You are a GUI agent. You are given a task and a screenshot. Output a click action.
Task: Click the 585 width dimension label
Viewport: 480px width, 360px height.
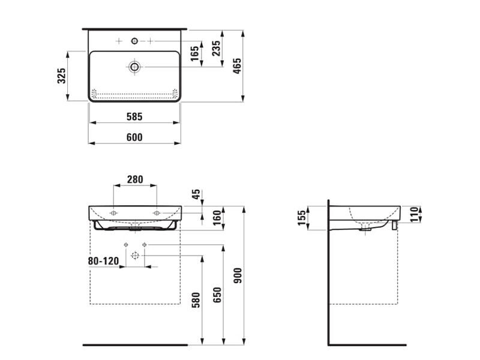[134, 116]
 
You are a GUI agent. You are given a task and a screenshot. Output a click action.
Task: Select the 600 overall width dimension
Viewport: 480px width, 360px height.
[134, 137]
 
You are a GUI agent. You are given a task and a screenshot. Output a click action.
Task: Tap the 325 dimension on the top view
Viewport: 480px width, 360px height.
[62, 76]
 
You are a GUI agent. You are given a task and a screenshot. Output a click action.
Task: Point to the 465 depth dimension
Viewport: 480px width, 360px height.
[237, 66]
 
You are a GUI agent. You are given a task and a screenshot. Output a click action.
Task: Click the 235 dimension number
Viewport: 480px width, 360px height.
[216, 49]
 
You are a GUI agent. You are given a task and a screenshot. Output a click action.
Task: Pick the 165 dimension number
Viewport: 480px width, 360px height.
[194, 53]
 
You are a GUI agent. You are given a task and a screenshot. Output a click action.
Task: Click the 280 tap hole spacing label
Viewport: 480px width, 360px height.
[135, 179]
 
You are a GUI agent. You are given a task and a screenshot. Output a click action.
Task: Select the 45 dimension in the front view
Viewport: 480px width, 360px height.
[196, 194]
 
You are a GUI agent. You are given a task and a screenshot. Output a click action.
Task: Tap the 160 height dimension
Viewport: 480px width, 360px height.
[217, 218]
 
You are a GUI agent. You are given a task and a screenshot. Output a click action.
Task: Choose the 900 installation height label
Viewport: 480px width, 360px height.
[238, 275]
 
